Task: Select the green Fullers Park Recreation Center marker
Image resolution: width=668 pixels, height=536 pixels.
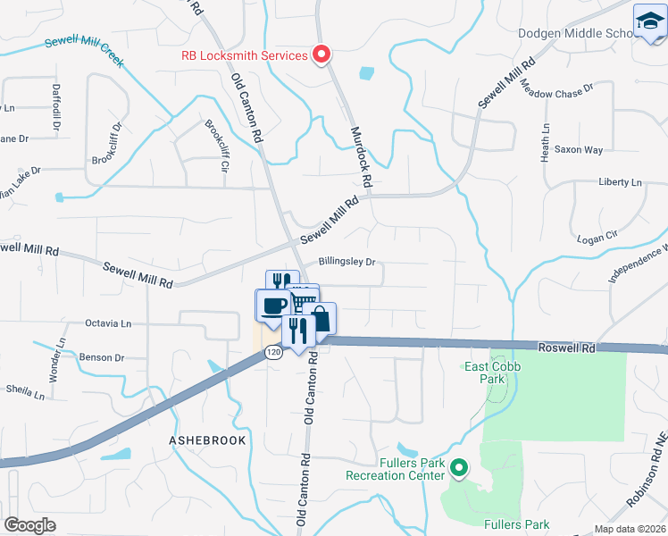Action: pyautogui.click(x=459, y=467)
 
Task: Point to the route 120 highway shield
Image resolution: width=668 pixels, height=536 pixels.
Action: pyautogui.click(x=272, y=353)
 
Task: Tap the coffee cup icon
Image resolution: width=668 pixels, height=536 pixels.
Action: pyautogui.click(x=273, y=305)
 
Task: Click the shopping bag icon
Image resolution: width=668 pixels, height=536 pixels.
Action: pyautogui.click(x=319, y=318)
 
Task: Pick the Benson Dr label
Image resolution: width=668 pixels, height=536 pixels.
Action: pyautogui.click(x=102, y=357)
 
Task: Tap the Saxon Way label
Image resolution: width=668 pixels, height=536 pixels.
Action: pyautogui.click(x=579, y=150)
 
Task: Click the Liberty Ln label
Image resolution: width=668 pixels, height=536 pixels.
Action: pyautogui.click(x=621, y=182)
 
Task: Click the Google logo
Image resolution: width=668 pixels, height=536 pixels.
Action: pyautogui.click(x=30, y=524)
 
